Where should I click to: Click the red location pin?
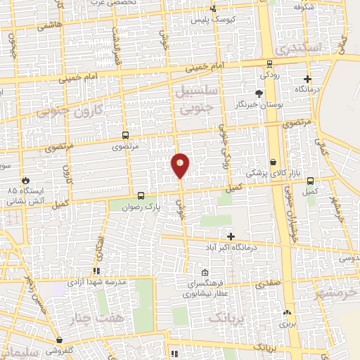click(180, 165)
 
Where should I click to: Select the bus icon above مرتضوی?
click(125, 135)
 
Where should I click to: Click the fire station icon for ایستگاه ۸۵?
click(26, 180)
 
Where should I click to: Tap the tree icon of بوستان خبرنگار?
click(259, 94)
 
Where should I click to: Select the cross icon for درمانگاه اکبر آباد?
click(231, 236)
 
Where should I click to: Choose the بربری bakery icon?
click(286, 313)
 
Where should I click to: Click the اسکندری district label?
click(298, 49)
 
